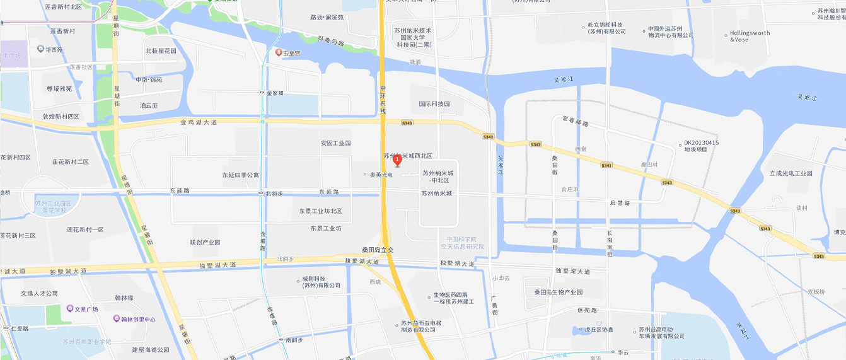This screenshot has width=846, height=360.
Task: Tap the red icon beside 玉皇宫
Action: [279, 52]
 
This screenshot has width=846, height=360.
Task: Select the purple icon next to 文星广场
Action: [70, 309]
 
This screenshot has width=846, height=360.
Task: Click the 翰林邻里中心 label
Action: [138, 319]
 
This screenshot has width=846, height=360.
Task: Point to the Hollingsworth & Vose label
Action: [750, 37]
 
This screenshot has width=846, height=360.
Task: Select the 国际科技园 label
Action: [434, 104]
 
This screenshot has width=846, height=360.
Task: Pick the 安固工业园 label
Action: [335, 143]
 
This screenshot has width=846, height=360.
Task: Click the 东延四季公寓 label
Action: [240, 175]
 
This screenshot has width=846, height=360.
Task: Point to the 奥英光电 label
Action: [381, 175]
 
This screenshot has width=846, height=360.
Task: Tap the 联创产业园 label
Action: [205, 243]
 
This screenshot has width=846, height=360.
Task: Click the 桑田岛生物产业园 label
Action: [559, 293]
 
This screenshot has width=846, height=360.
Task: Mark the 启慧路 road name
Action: [620, 203]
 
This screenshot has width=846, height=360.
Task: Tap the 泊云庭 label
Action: [149, 105]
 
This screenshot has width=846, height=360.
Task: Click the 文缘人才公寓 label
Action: [39, 293]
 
